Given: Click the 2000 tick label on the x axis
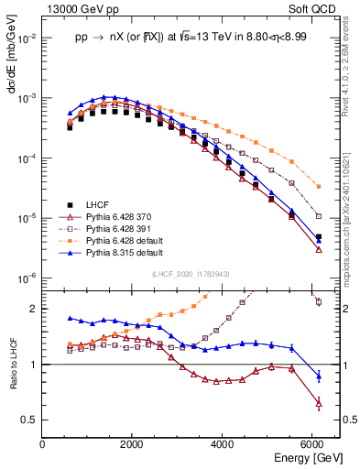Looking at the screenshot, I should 133,444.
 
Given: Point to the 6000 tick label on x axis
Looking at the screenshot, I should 313,444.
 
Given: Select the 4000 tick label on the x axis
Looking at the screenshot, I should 223,444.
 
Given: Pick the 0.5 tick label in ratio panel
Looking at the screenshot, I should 31,420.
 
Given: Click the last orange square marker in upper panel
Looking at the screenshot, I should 318,186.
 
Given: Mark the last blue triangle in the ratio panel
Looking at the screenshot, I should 318,376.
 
